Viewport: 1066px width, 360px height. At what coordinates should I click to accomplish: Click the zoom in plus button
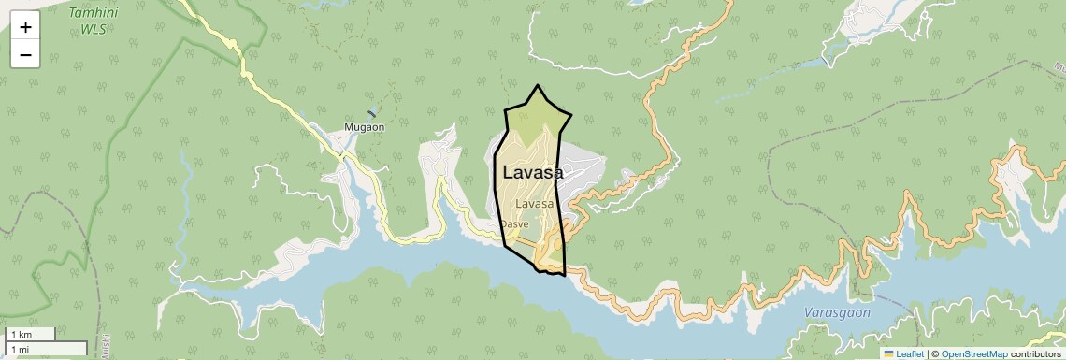pos(25,26)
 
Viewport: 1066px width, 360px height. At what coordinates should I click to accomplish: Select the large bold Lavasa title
pos(533,173)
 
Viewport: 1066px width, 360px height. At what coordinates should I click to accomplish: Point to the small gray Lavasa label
pos(535,203)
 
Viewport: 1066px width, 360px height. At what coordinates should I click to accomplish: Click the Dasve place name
pos(514,224)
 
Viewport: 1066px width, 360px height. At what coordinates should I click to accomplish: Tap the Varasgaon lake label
pos(837,312)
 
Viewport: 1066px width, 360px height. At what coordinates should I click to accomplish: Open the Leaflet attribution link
pos(909,354)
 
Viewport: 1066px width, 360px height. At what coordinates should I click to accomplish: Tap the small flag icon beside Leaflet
pos(888,354)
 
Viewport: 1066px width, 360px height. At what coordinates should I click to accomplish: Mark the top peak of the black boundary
pos(537,86)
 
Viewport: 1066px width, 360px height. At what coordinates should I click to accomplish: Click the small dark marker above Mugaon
pos(372,113)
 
